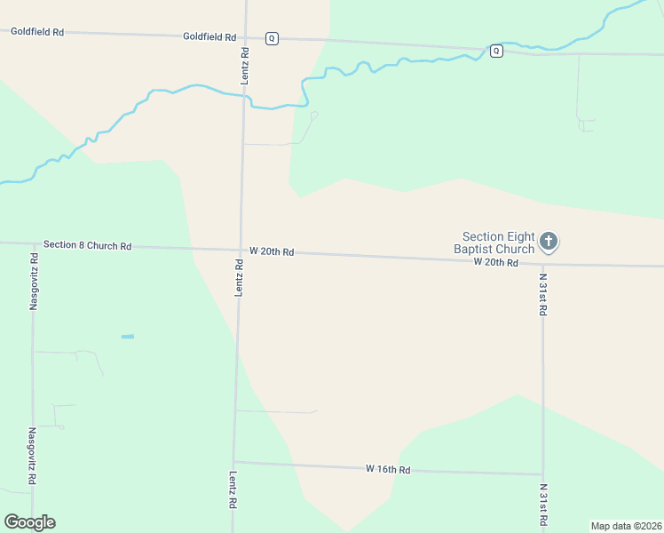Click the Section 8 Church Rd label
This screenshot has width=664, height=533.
coord(87,245)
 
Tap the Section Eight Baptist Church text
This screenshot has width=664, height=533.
coord(498,243)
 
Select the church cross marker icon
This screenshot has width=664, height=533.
coord(549,241)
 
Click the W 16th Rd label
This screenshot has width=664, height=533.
coord(388,469)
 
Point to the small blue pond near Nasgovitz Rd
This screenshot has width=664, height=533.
coord(127,337)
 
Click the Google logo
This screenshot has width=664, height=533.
coord(29,522)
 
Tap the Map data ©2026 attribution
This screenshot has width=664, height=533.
coord(626,526)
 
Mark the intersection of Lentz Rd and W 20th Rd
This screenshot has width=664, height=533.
coord(240,251)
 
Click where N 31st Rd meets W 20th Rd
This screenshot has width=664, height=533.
coord(542,262)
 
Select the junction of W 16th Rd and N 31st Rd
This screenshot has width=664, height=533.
coord(542,473)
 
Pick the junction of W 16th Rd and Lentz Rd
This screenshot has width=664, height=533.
coord(234,462)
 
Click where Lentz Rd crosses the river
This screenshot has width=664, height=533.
coord(243,97)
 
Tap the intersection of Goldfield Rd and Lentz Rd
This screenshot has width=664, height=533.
coord(245,36)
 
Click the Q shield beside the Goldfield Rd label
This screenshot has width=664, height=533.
coord(272,38)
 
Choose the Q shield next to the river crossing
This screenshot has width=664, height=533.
coord(496,51)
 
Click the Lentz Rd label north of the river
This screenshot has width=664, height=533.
coord(245,67)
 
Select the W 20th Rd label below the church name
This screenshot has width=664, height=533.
coord(495,263)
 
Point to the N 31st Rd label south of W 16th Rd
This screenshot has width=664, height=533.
coord(543,504)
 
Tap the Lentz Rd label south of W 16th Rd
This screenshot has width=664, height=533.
coord(233,489)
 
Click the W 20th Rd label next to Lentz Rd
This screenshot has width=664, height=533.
coord(271,252)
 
